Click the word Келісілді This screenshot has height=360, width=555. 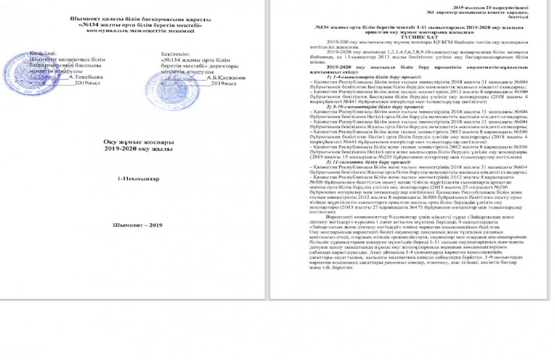[x=44, y=53]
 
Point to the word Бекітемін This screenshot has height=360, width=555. [x=175, y=53]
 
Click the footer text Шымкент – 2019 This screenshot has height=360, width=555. [x=138, y=224]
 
